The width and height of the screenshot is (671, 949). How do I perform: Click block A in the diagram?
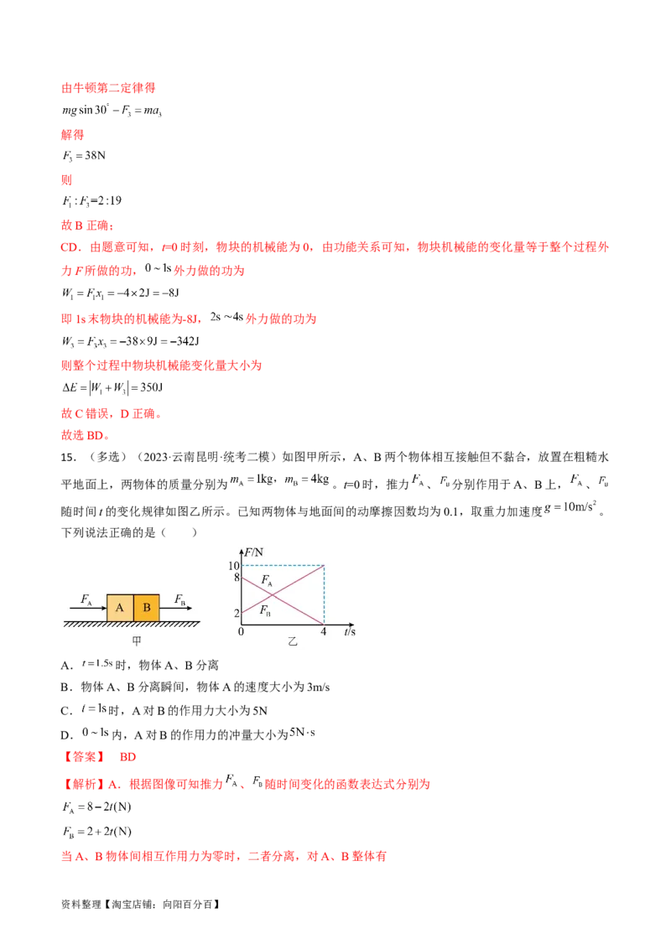120,608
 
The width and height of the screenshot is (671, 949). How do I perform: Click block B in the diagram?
146,608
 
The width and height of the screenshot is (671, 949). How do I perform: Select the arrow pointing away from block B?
175,608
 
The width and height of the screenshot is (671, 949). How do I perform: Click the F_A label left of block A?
86,599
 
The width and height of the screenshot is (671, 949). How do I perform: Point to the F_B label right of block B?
180,599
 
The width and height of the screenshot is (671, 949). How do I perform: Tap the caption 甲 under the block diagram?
135,640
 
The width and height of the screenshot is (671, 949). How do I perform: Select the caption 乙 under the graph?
293,640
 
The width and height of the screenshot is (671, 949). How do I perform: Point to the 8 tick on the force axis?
237,577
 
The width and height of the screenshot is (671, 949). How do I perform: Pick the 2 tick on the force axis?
237,613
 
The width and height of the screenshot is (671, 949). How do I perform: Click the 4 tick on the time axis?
324,631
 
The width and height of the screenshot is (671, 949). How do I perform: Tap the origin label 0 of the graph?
241,631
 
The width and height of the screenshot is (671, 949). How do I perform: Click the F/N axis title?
254,552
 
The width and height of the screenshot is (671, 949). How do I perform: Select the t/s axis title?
350,631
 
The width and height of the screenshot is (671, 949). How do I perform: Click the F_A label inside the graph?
266,580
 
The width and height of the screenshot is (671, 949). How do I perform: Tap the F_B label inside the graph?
265,609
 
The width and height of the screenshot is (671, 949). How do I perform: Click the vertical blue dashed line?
324,595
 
